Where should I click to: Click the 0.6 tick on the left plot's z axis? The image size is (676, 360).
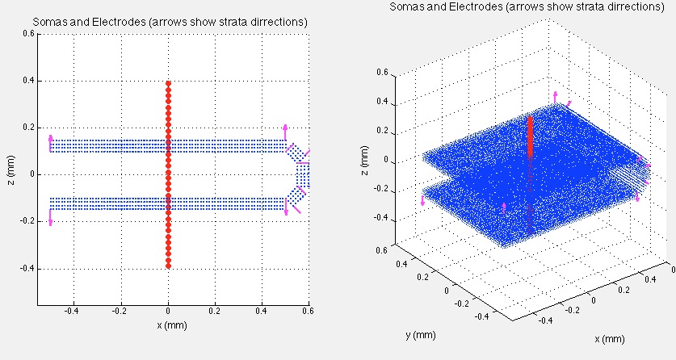point(27,34)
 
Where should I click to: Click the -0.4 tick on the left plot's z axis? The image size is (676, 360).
point(25,268)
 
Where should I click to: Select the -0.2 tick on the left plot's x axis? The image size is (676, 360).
point(120,310)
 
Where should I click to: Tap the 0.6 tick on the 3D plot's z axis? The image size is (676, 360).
point(384,73)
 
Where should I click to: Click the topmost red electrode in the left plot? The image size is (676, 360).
point(168,84)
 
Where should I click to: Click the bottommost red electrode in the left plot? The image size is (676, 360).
point(168,264)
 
